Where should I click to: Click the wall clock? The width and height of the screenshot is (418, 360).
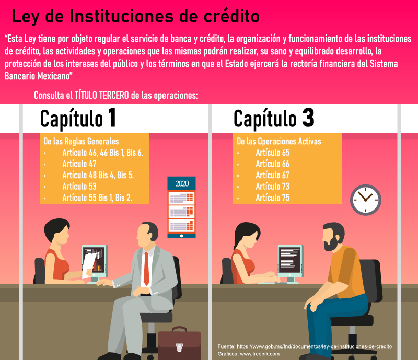click(365, 200)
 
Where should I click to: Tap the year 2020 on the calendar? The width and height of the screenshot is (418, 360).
click(182, 184)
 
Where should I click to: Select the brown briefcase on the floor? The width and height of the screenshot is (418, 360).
click(179, 343)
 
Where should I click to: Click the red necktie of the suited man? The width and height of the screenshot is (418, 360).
click(146, 268)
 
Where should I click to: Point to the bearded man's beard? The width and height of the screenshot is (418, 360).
click(331, 244)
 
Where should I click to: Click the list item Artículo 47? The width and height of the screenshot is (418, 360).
click(79, 164)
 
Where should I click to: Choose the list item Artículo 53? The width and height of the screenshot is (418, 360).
click(79, 187)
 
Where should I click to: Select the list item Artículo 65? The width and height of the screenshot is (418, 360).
click(272, 153)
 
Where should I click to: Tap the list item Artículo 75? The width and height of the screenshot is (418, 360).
click(272, 198)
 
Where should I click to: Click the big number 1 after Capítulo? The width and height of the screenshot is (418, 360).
click(112, 118)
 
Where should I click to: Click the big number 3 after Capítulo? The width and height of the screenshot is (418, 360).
click(308, 118)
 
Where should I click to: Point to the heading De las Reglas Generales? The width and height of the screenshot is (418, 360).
click(81, 141)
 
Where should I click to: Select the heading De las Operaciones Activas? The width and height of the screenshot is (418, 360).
click(279, 141)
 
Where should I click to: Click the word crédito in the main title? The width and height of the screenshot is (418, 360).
click(231, 16)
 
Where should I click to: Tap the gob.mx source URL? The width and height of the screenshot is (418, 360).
click(315, 346)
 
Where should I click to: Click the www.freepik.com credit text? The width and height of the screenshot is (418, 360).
click(260, 354)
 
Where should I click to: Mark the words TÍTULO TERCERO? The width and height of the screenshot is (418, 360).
click(101, 95)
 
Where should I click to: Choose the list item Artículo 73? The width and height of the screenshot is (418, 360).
click(272, 187)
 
